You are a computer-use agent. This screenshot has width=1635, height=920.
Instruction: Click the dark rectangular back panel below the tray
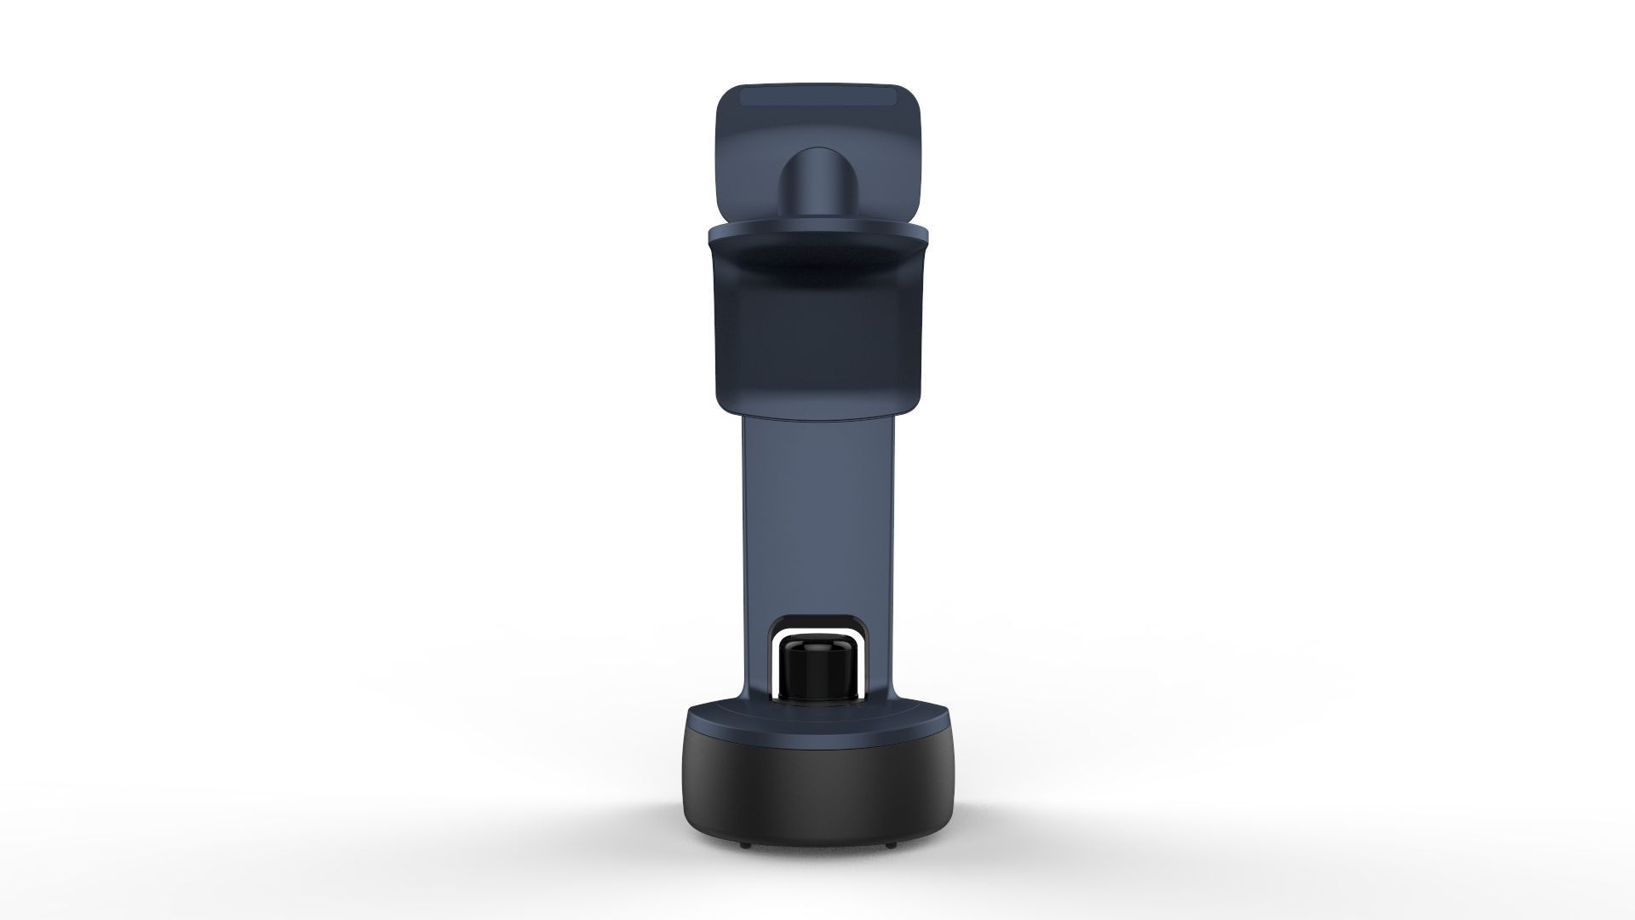(x=817, y=341)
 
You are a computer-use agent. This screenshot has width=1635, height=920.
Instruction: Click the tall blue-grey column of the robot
(x=817, y=511)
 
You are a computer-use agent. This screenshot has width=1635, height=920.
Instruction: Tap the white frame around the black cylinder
(x=817, y=635)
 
